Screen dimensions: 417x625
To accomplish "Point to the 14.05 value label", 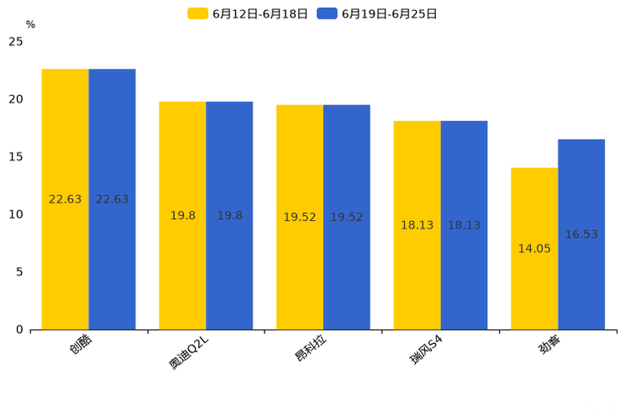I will (x=534, y=249).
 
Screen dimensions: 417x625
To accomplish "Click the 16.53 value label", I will (x=581, y=235).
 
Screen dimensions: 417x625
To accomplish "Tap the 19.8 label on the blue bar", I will (x=229, y=216).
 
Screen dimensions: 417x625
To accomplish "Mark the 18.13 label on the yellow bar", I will (x=417, y=225).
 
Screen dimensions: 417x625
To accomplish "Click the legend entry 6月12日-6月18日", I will (x=248, y=13).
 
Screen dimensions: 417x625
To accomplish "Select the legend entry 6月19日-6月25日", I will (x=377, y=13).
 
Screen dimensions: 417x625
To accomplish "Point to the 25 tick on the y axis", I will (x=16, y=42).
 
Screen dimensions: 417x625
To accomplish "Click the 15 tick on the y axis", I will (x=16, y=157).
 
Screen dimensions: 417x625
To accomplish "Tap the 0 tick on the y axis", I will (x=19, y=330).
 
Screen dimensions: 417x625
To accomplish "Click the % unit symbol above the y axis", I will (x=30, y=25).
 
